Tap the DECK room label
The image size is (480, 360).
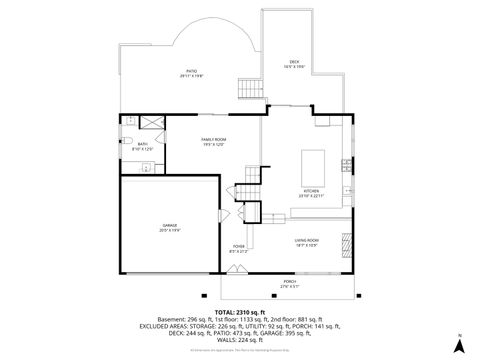tap(293, 63)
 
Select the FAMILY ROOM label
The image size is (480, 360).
tap(214, 140)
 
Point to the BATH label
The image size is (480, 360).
tap(142, 146)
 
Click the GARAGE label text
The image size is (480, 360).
tap(170, 228)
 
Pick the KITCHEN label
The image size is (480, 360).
tap(312, 193)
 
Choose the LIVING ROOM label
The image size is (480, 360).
tap(306, 241)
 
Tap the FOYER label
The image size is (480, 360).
tap(239, 247)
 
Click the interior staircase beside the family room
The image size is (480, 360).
tap(249, 190)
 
